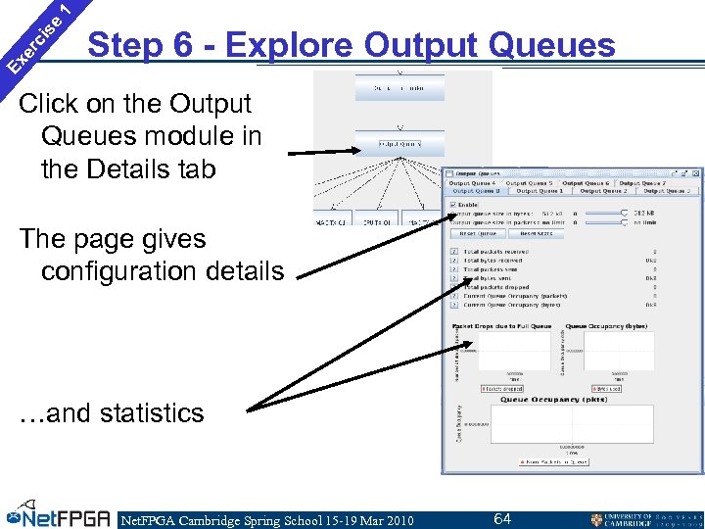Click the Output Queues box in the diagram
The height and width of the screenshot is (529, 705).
click(399, 144)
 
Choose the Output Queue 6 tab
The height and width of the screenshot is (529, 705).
click(586, 182)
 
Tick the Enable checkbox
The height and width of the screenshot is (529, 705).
click(453, 203)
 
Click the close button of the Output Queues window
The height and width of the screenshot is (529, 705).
click(693, 172)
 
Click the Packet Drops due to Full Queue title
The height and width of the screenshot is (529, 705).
click(500, 326)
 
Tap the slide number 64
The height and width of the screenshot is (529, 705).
click(502, 518)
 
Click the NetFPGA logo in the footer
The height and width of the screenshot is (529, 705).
click(59, 517)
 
